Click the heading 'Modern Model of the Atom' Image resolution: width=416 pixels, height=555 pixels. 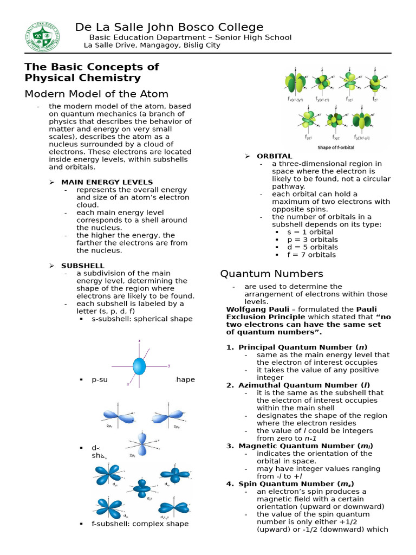click(x=96, y=94)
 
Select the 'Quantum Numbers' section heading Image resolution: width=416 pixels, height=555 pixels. click(x=271, y=274)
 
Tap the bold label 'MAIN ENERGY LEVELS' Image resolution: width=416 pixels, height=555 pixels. click(x=107, y=182)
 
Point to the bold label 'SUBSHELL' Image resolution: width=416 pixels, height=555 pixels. click(x=82, y=266)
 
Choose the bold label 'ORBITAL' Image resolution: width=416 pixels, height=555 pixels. click(x=274, y=156)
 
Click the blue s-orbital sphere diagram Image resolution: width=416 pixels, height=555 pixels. click(x=139, y=366)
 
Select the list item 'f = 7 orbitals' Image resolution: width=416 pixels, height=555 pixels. click(x=311, y=255)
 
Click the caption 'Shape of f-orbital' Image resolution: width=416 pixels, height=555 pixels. click(x=331, y=147)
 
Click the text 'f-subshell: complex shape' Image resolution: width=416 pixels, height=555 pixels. click(x=140, y=524)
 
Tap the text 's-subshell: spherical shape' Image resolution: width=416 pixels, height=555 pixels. click(x=142, y=319)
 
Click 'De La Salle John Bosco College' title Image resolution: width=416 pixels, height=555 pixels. click(x=169, y=27)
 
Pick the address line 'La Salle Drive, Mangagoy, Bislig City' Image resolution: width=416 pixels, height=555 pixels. click(x=152, y=46)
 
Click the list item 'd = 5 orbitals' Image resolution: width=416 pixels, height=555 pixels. click(x=312, y=247)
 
